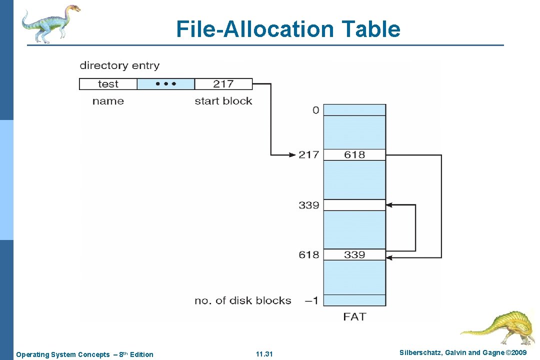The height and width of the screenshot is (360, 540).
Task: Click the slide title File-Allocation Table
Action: [288, 29]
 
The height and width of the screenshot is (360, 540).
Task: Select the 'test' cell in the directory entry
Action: [108, 84]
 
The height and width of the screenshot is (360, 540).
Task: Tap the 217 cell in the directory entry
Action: [223, 84]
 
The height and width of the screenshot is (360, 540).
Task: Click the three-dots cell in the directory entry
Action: [165, 84]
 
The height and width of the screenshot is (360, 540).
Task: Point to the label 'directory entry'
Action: [119, 65]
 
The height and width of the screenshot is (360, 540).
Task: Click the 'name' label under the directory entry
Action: [108, 101]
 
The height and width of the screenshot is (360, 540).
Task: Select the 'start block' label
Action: [223, 101]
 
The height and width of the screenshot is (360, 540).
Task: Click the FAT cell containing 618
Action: [354, 154]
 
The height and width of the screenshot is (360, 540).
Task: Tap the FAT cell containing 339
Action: [354, 254]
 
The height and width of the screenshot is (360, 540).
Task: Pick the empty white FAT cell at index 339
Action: [354, 205]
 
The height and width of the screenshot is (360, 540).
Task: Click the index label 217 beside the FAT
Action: [308, 154]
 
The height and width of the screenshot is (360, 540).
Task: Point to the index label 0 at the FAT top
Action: [315, 110]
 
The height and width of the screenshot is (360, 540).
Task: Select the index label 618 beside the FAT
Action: [308, 254]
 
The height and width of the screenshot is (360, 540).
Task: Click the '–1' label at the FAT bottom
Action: [311, 300]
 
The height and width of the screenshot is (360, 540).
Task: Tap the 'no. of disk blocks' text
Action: [243, 300]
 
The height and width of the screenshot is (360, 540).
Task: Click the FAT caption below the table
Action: [354, 316]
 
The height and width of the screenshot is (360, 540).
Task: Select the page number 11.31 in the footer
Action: [264, 354]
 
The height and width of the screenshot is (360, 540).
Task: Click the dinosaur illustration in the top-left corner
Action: [50, 22]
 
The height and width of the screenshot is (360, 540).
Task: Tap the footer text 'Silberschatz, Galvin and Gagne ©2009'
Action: [463, 353]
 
